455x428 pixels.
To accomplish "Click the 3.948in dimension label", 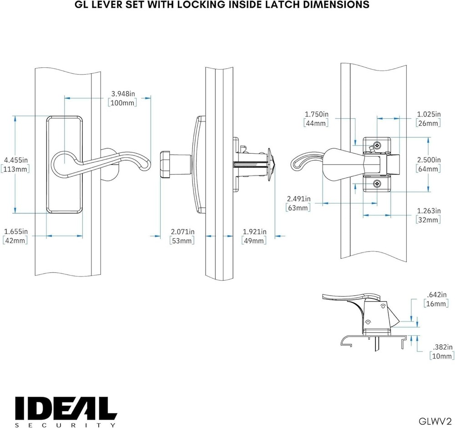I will (123, 94).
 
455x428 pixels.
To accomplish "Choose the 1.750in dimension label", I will (316, 114).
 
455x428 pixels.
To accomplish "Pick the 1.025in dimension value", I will (429, 114).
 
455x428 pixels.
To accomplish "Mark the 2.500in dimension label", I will (429, 160).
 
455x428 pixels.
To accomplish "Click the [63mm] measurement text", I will (298, 208).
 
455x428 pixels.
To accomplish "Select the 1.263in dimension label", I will (429, 211).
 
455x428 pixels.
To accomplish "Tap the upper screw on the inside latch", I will (376, 146).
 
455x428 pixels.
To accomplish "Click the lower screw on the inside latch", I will (376, 183).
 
